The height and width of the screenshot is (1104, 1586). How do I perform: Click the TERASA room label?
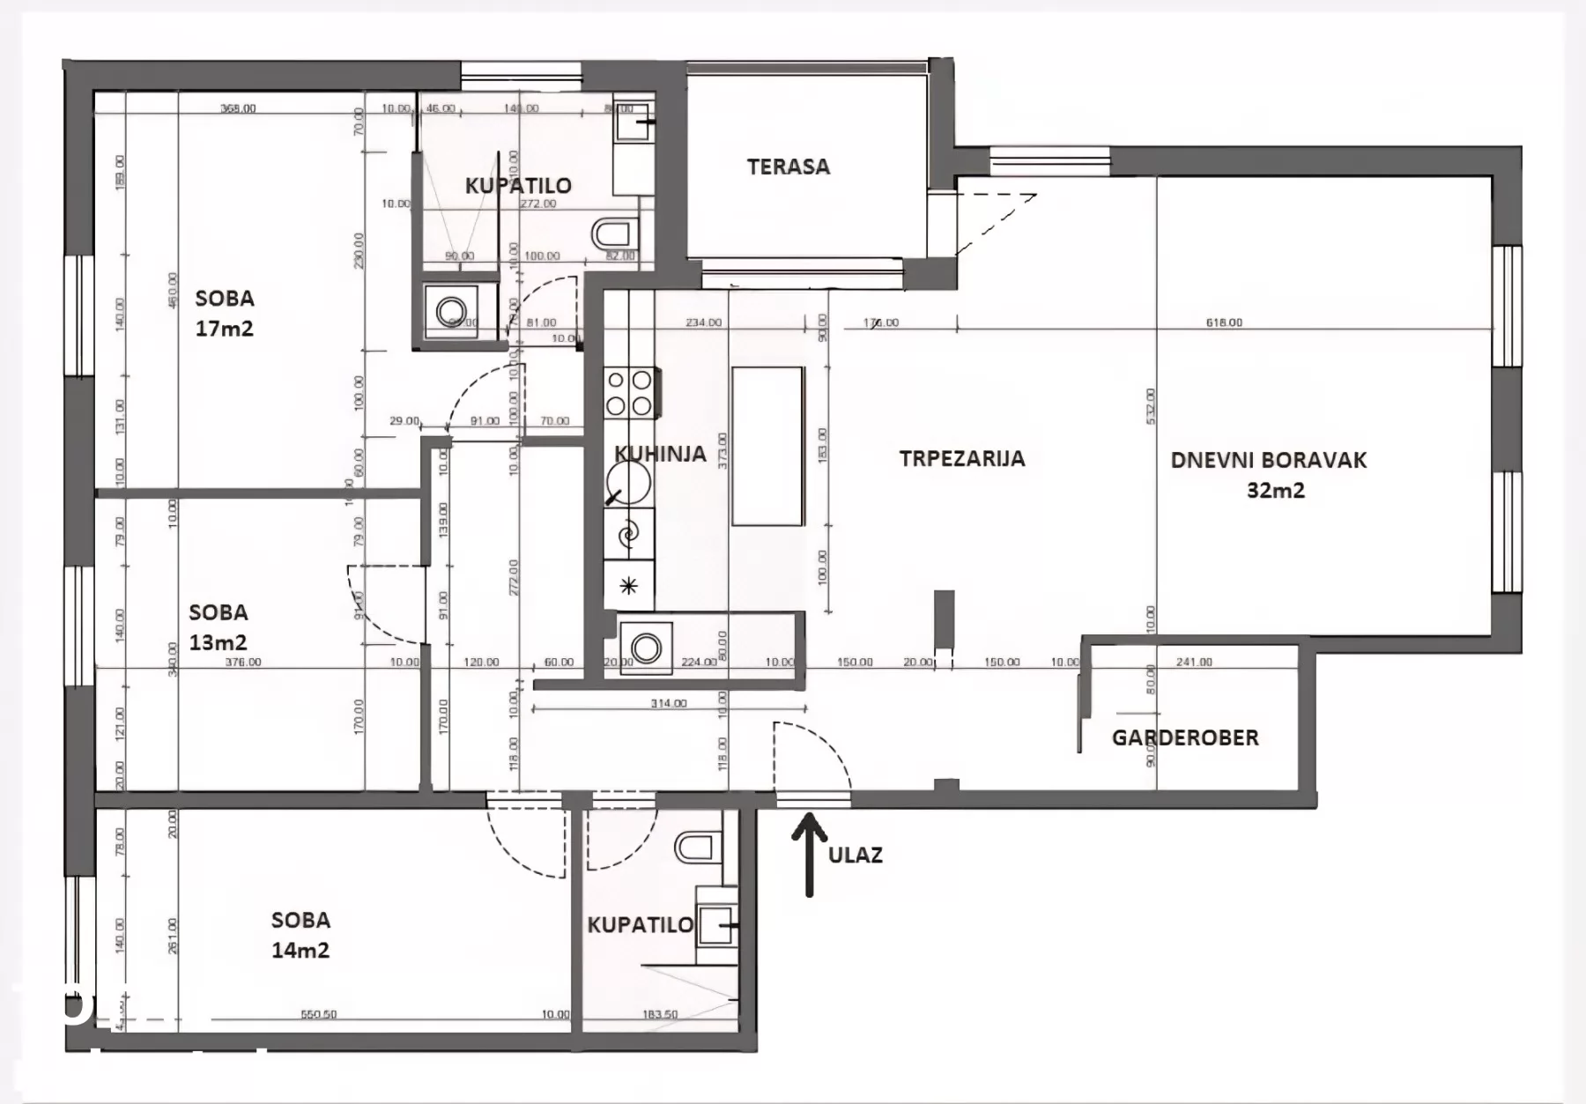[x=788, y=167]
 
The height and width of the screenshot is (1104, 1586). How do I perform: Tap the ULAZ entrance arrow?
[x=809, y=854]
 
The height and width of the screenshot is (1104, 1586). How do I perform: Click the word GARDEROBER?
[x=1185, y=737]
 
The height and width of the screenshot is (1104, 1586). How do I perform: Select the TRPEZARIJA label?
[x=962, y=458]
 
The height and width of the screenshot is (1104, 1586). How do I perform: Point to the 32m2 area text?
[x=1275, y=491]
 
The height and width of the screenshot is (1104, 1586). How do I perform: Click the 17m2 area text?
[x=224, y=329]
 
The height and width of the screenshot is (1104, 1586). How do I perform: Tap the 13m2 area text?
[x=218, y=642]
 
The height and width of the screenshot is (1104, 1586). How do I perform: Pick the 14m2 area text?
[x=300, y=950]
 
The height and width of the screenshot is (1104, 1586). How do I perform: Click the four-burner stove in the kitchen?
[x=629, y=393]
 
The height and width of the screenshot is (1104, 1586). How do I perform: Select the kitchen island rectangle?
[x=767, y=446]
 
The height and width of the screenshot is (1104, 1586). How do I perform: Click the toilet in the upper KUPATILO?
[x=613, y=233]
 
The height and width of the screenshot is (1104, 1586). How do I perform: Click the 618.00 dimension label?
[x=1224, y=322]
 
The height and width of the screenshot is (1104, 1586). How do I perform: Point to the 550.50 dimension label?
[x=318, y=1014]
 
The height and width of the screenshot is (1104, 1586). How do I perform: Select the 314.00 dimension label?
[x=668, y=703]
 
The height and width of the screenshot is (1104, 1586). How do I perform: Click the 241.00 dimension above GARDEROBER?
[x=1194, y=662]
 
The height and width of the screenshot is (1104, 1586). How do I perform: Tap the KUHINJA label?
[x=660, y=454]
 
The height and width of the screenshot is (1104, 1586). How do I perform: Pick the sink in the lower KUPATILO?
[x=716, y=926]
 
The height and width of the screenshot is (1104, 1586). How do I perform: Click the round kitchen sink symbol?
[x=628, y=483]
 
